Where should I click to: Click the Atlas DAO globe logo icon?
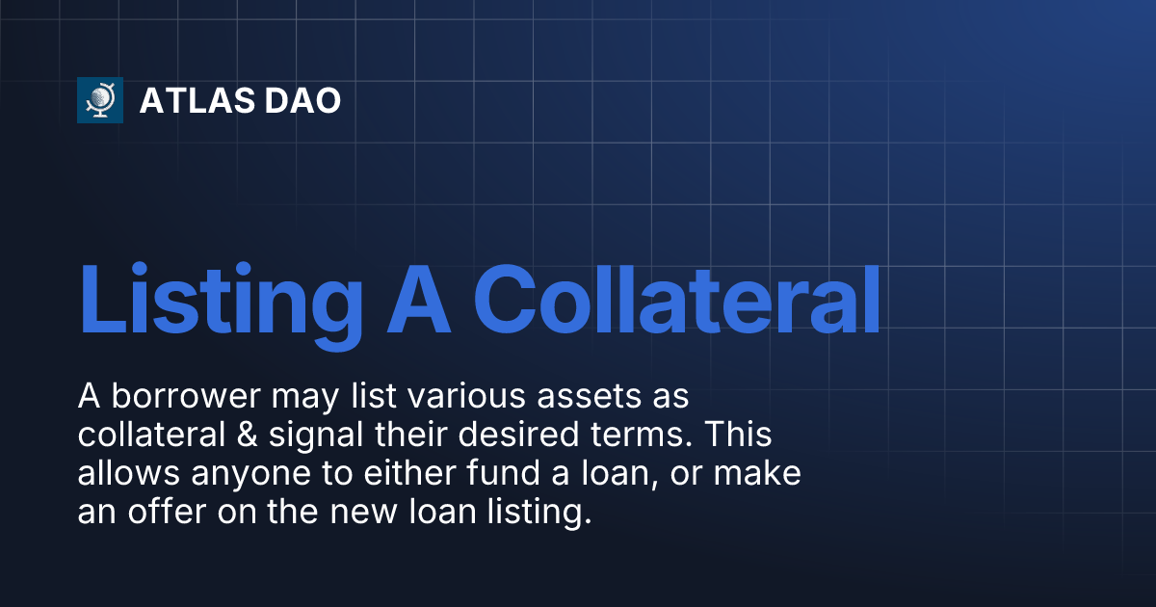[100, 100]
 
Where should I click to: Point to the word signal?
[325, 435]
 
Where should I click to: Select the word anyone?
[232, 475]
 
